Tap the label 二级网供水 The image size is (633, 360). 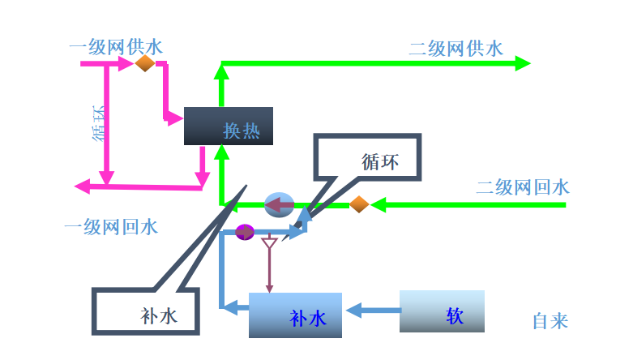[455, 48]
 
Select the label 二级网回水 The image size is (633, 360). [522, 187]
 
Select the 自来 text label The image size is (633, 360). [550, 321]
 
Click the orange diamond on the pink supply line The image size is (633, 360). [145, 63]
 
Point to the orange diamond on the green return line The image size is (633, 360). [359, 204]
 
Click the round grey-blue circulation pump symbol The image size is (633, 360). [279, 204]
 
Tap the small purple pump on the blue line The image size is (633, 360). [245, 233]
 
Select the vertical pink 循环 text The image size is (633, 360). [99, 122]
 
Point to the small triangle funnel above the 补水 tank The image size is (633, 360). [270, 243]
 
